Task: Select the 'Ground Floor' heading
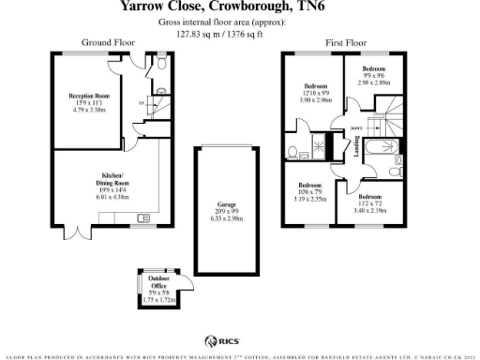pos(108,43)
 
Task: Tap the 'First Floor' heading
pos(346,43)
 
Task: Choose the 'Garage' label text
pos(226,204)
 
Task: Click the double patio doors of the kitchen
pos(77,229)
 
